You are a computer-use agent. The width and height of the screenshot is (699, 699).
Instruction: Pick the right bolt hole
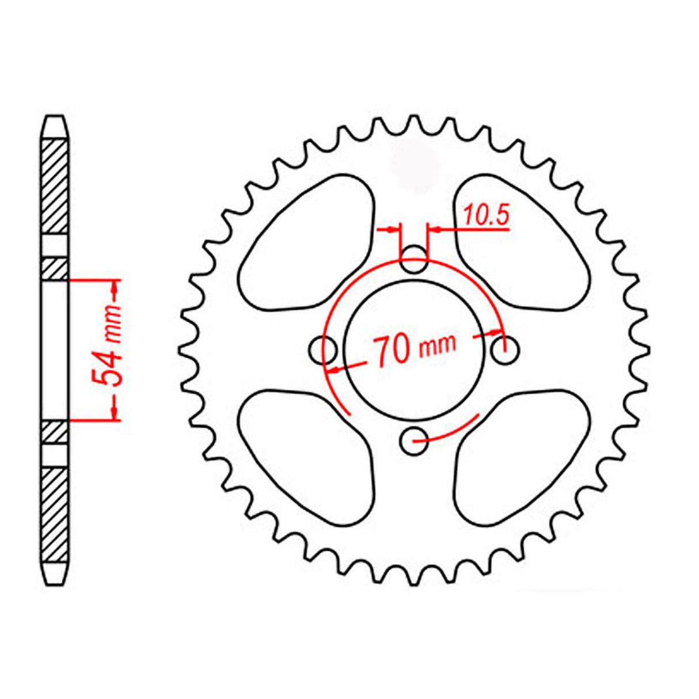coord(506,349)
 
